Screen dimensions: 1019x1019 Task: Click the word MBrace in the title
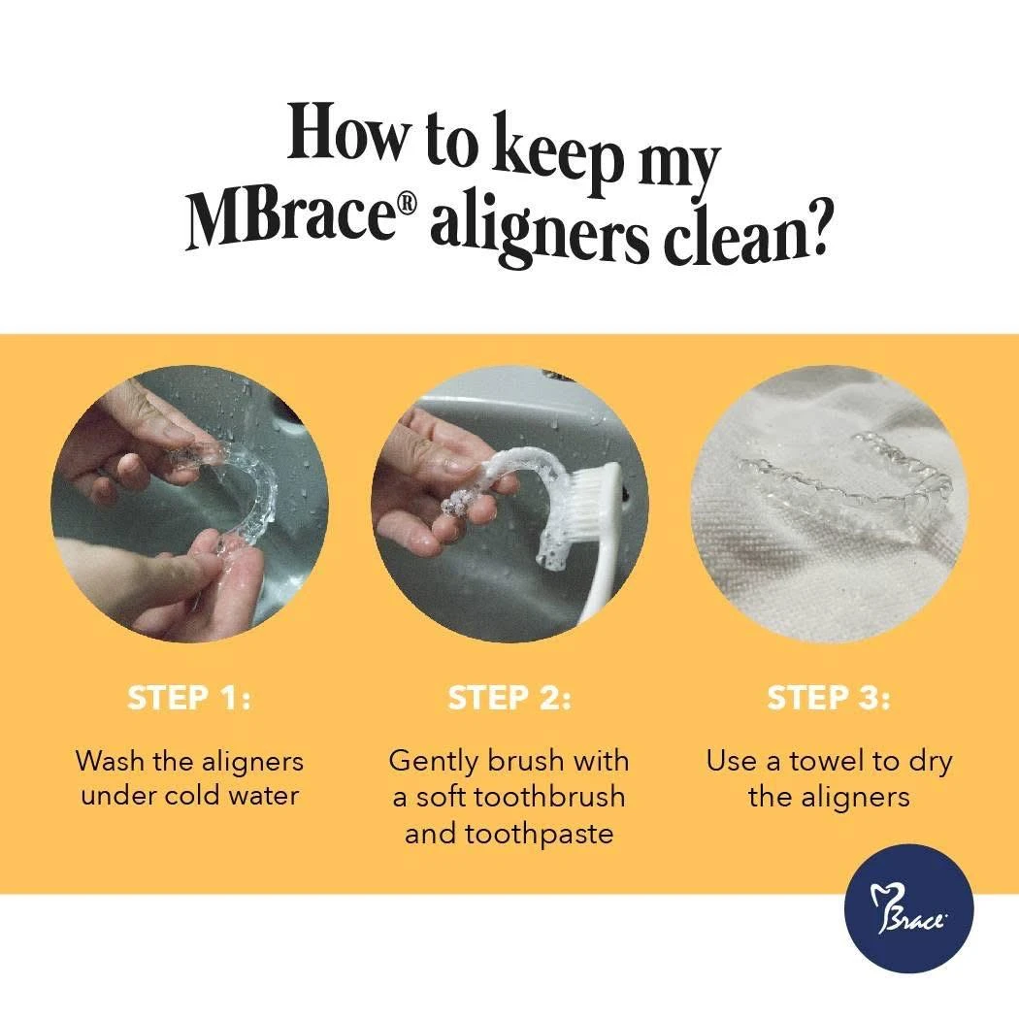click(x=290, y=215)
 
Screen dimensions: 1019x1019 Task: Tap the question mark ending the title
click(x=814, y=237)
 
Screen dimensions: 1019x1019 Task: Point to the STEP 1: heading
click(x=189, y=699)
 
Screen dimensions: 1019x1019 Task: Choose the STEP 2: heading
click(x=509, y=699)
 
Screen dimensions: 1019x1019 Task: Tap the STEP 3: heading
click(x=829, y=699)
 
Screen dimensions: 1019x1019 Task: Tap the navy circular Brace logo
click(x=908, y=908)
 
